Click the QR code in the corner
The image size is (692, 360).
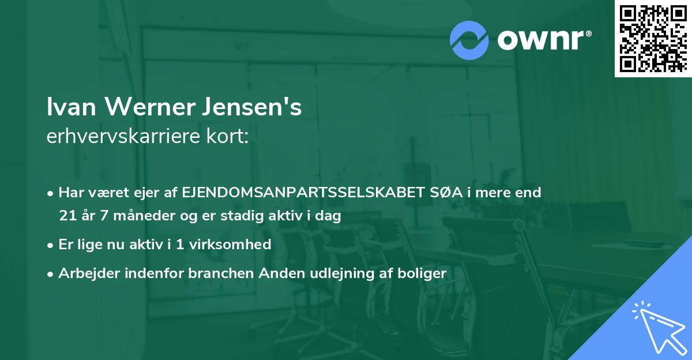click(x=653, y=38)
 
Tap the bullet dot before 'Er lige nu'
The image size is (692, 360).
click(x=51, y=245)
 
